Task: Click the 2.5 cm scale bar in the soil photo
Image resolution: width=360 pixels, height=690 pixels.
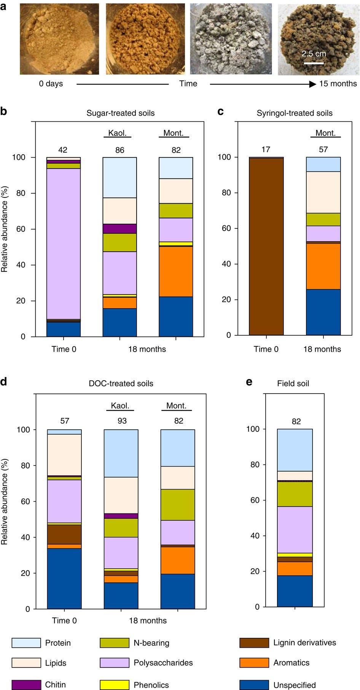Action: coord(314,63)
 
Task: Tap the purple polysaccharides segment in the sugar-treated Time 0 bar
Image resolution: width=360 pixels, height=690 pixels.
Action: coord(64,244)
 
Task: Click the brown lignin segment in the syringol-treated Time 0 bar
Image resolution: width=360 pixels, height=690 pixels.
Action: coord(266,247)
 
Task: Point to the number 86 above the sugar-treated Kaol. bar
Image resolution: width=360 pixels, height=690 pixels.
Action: coord(120,150)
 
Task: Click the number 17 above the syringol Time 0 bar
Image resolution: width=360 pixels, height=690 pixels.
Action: coord(266,150)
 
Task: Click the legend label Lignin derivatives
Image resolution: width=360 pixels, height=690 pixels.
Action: coord(305,643)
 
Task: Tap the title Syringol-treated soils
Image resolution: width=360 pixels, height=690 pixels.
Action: coord(295,113)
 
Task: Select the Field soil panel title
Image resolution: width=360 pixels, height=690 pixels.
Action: coord(293,384)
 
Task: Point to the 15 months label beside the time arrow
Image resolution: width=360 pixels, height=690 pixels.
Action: coord(338,84)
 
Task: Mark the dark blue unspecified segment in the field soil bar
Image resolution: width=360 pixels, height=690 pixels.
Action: coord(295,591)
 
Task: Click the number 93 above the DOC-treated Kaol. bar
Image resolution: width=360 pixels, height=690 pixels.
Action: coord(122,421)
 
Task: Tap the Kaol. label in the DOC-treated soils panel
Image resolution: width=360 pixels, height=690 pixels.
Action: coord(120,406)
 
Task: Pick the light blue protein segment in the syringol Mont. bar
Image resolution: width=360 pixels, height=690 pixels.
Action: coord(323,164)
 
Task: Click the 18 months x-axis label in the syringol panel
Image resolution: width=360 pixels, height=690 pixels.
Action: coord(322,349)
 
